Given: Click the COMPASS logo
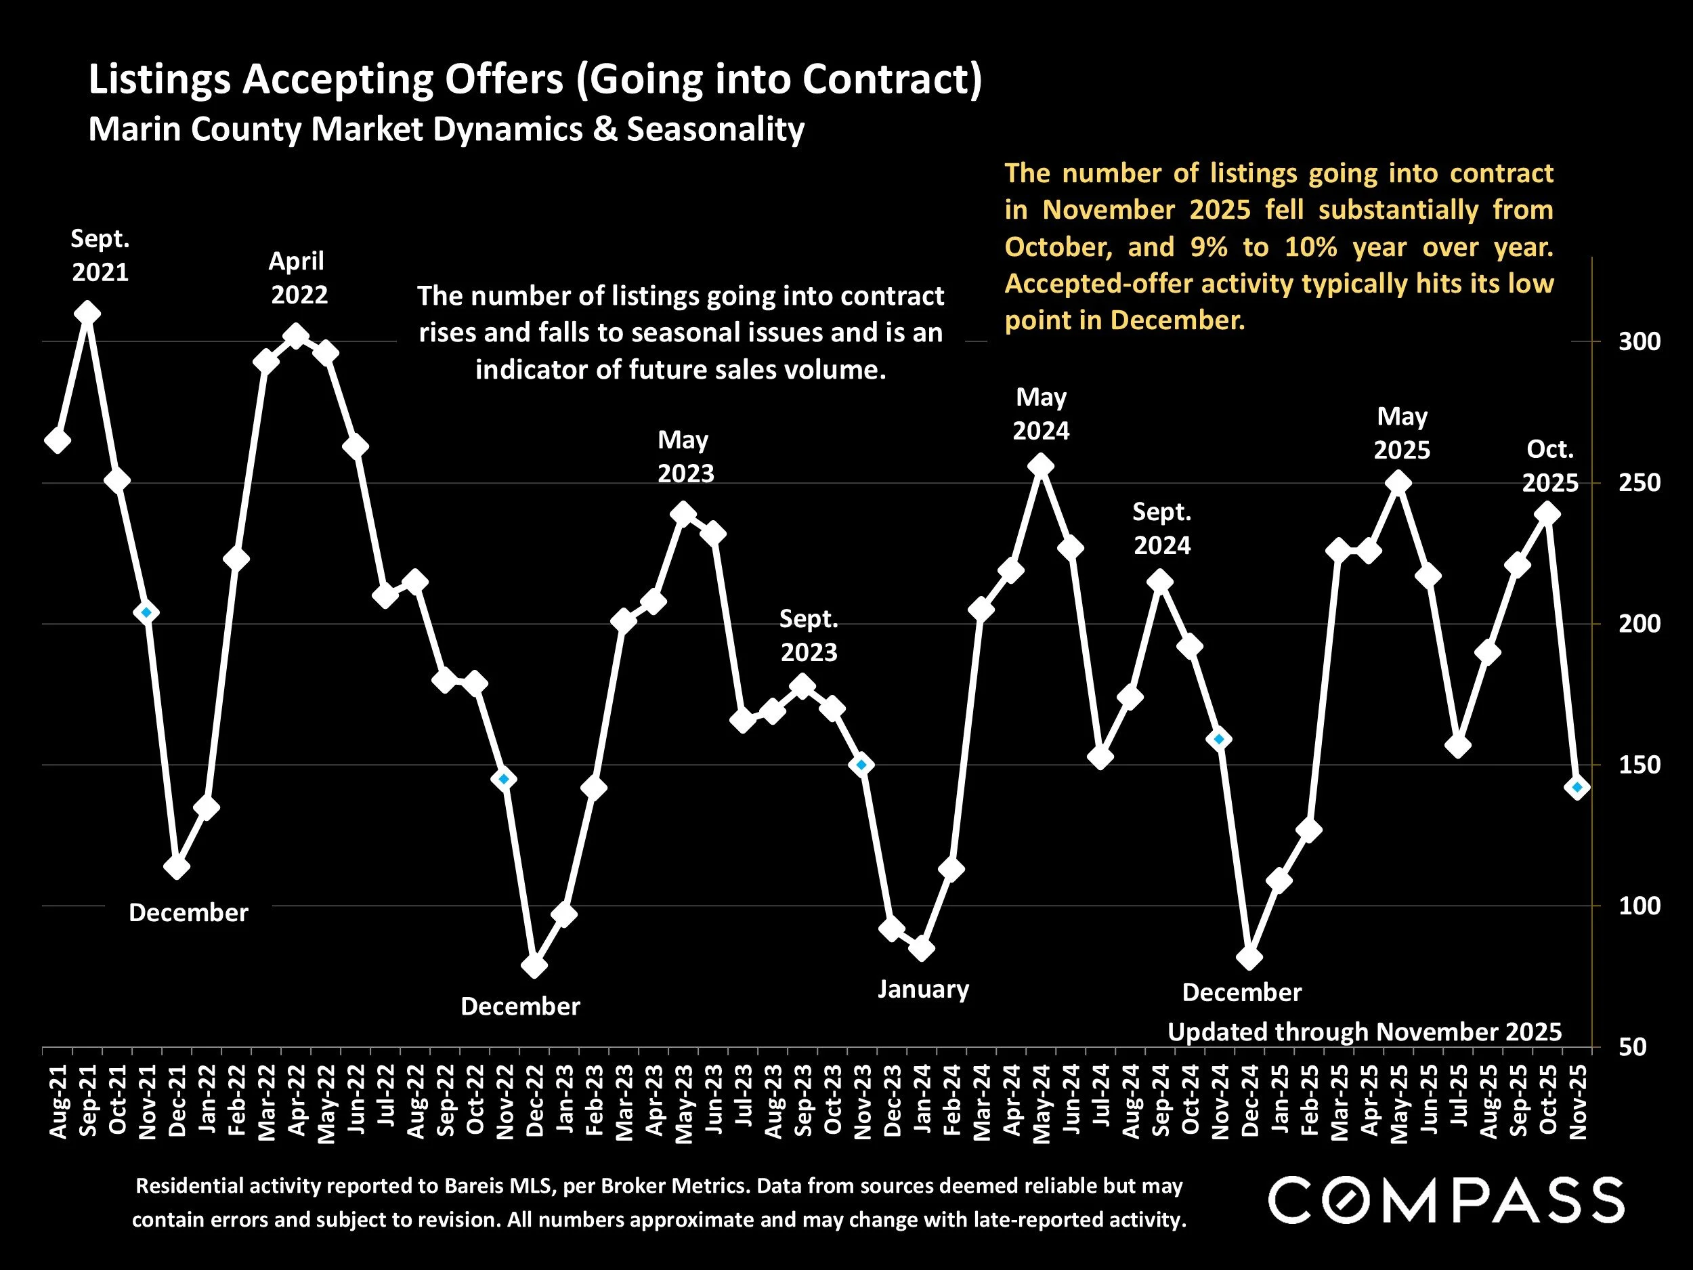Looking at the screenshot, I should click(1446, 1200).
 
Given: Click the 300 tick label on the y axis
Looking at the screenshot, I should click(1640, 341).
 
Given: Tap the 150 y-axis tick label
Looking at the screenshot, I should click(1640, 765).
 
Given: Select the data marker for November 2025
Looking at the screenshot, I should click(1577, 788).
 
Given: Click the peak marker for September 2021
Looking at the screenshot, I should click(87, 314).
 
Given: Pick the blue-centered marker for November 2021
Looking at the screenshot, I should click(147, 612).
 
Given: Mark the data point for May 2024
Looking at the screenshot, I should click(1041, 466).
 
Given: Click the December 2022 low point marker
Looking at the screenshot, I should click(534, 965).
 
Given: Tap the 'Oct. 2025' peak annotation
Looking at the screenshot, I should click(1550, 465).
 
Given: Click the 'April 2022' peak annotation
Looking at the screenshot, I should click(299, 278).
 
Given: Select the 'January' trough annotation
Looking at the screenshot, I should click(923, 989).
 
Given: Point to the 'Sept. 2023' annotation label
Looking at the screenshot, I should click(808, 635).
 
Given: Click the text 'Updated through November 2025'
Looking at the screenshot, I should click(1364, 1032).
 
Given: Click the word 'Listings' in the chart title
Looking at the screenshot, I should click(159, 80).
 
